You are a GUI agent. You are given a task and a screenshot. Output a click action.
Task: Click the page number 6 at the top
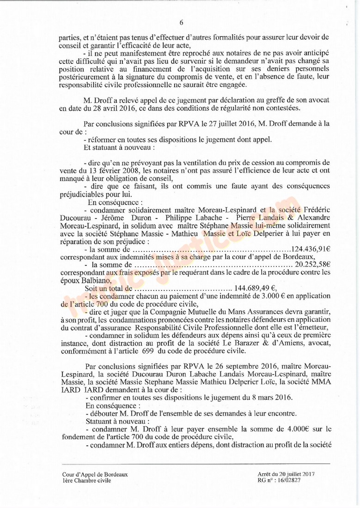(182, 22)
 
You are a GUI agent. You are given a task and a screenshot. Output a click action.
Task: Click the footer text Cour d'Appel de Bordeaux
(95, 474)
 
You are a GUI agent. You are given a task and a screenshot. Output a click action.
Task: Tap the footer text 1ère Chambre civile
(87, 480)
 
